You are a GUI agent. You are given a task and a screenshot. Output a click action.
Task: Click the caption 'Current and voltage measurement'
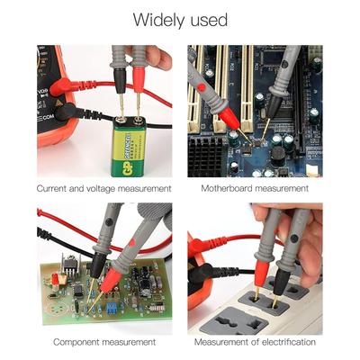point(103,189)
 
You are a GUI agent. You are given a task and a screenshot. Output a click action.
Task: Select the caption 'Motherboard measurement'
point(255,189)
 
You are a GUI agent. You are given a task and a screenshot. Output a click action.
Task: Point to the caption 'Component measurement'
point(103,342)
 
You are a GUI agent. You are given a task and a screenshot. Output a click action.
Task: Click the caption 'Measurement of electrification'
point(255,342)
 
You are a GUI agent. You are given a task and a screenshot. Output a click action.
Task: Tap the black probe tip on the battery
point(121,115)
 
